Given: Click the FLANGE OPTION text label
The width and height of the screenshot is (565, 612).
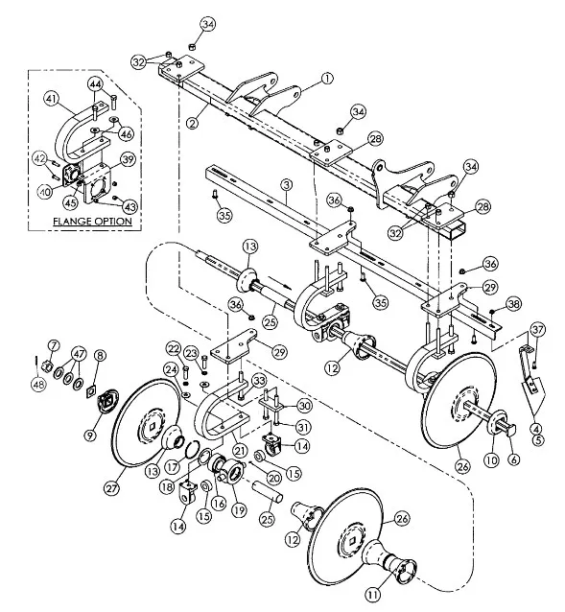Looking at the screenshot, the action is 92,222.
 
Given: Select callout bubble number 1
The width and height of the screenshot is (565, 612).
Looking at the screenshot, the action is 327,79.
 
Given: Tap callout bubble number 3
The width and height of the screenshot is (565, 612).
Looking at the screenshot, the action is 287,185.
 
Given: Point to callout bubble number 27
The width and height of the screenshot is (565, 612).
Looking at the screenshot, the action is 112,488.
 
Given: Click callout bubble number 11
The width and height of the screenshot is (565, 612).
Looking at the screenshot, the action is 373,595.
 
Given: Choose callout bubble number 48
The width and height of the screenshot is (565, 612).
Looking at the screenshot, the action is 38,385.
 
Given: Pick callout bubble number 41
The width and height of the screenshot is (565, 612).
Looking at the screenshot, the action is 52,100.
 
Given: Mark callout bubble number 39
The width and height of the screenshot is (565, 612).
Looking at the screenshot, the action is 128,159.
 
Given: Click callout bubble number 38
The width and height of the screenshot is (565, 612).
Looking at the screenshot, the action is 513,303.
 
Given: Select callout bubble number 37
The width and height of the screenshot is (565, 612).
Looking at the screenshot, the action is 538,330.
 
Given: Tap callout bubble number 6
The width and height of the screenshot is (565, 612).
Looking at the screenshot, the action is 514,459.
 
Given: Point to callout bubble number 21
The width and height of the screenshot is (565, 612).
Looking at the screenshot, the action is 240,451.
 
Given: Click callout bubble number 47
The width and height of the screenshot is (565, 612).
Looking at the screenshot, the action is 79,354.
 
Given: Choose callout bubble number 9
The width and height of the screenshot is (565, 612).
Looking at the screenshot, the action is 90,435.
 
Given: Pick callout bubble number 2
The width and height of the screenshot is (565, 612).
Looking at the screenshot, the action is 192,124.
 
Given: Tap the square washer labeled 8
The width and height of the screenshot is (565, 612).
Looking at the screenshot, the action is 92,390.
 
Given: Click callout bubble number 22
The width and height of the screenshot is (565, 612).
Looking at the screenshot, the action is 174,348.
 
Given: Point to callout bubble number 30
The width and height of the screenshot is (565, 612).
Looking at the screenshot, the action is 304,406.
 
